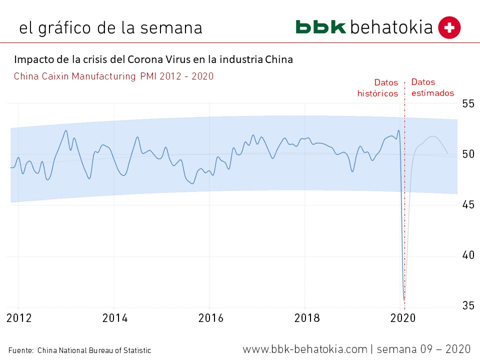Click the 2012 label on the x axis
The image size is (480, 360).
18,318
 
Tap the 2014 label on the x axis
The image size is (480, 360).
114,318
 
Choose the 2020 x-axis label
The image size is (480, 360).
403,318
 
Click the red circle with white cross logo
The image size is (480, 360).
449,27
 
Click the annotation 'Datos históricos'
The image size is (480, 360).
377,88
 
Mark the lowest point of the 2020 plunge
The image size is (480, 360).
404,299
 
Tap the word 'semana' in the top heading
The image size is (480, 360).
170,27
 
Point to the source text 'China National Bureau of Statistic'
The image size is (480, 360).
94,350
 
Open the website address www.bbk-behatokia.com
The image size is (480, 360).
305,348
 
